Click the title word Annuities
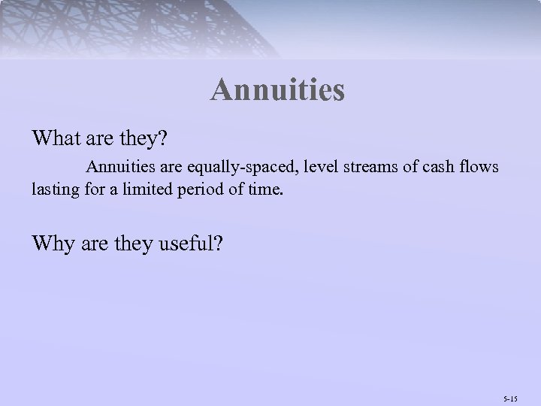click(277, 90)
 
